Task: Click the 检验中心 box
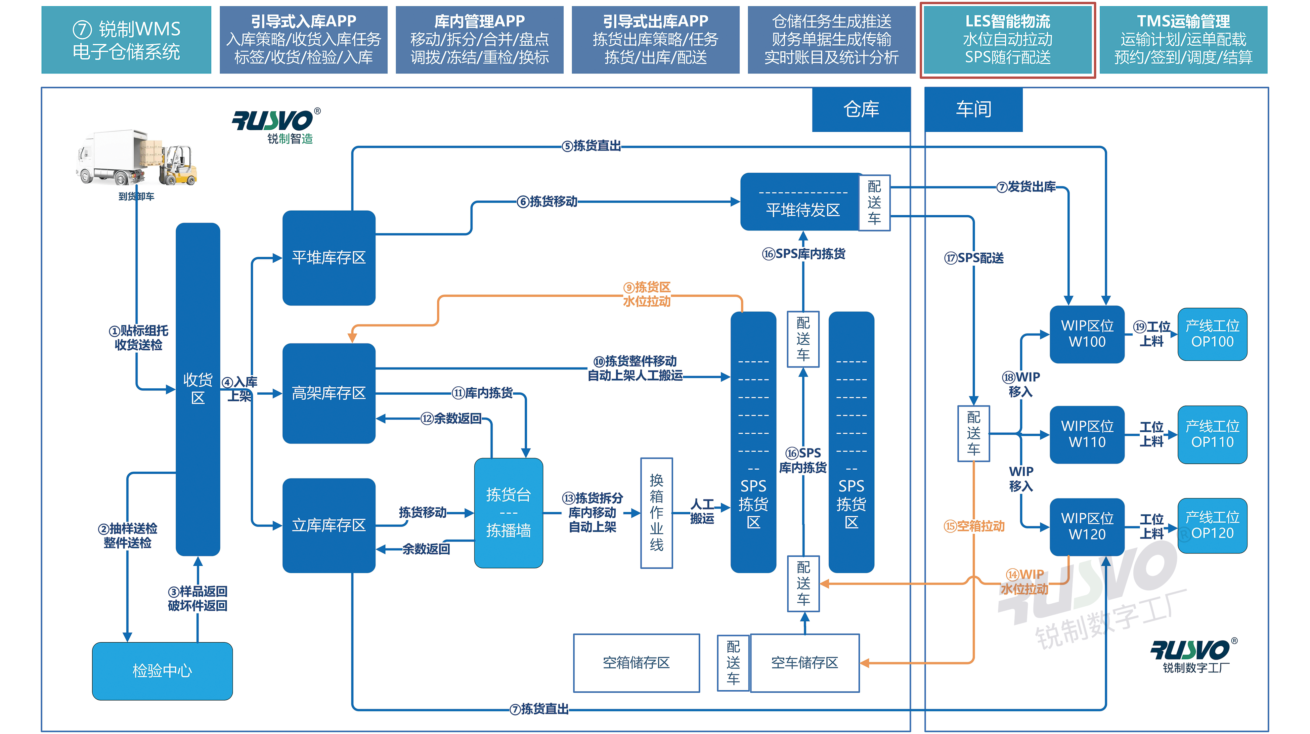point(162,670)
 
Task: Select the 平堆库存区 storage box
point(328,257)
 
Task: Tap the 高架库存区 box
point(328,393)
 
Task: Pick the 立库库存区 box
point(328,525)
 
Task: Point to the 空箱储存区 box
point(636,662)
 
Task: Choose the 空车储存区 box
point(805,662)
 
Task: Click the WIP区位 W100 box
point(1087,334)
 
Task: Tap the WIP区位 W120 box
point(1087,526)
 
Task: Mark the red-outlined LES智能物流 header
point(1007,40)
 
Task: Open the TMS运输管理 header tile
point(1183,40)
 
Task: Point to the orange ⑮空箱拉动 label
point(974,526)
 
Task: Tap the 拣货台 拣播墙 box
point(508,512)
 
